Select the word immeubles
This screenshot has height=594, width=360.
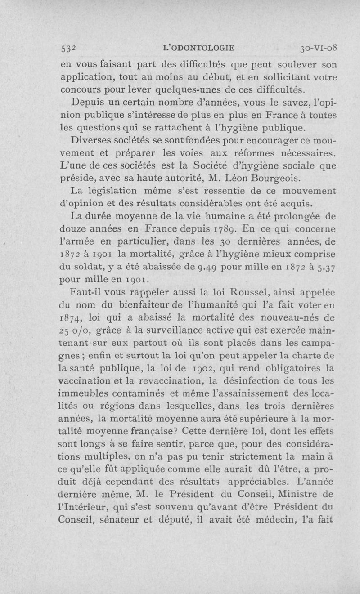pos(86,405)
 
